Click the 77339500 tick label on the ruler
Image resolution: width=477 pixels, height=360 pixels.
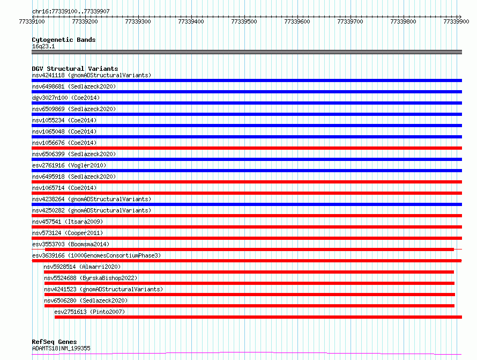(244, 21)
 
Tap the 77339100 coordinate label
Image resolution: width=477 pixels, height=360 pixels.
(32, 21)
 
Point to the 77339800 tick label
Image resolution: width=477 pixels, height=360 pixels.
(403, 21)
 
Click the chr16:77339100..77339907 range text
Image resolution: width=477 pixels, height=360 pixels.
(71, 11)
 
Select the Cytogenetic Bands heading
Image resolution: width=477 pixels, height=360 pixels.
(64, 40)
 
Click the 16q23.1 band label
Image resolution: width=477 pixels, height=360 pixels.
(43, 46)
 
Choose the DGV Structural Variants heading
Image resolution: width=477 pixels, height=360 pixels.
(75, 69)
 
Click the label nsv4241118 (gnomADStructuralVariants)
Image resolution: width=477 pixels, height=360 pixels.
(92, 75)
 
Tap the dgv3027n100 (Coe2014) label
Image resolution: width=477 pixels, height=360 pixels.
(66, 98)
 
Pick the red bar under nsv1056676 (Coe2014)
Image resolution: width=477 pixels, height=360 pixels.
(247, 148)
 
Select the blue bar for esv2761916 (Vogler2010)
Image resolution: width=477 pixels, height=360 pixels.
(247, 171)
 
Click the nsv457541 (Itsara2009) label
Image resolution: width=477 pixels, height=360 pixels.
(68, 222)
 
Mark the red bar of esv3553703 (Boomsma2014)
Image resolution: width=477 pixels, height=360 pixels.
(249, 249)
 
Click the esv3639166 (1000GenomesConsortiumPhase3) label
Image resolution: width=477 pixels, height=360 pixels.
(96, 255)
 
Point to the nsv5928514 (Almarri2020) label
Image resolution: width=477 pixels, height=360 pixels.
(82, 267)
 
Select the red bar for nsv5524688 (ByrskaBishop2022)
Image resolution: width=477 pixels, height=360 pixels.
(249, 283)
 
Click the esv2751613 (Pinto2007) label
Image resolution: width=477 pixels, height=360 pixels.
(90, 312)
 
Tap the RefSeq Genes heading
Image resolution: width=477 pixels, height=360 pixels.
(55, 342)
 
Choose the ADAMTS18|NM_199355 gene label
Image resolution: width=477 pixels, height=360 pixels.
(61, 348)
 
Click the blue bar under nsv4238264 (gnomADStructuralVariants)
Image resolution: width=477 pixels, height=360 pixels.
(247, 204)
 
